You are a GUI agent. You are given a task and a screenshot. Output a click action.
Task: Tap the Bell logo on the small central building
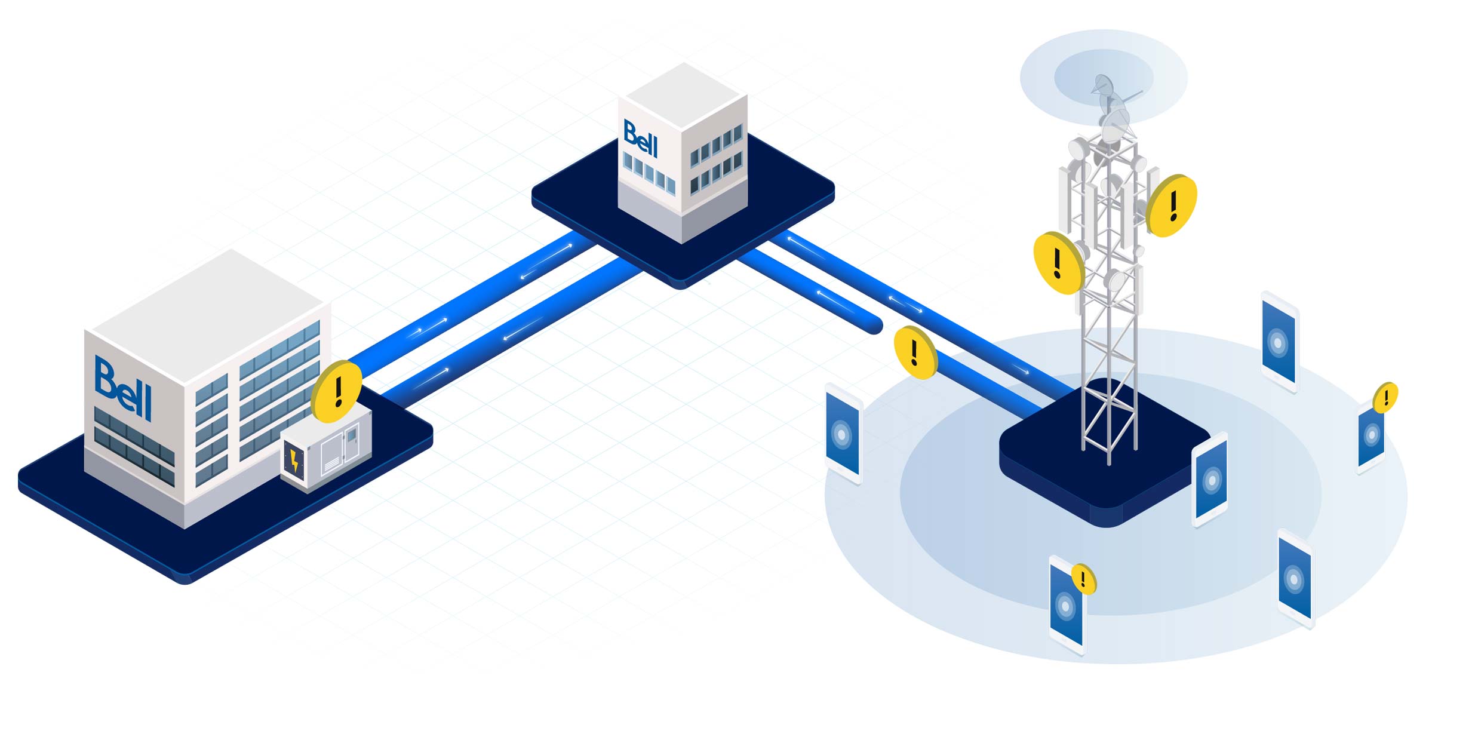640,139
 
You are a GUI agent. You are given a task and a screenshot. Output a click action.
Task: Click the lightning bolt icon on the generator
294,461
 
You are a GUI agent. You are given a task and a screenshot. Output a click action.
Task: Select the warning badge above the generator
337,392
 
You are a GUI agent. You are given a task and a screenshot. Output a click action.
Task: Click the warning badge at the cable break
915,353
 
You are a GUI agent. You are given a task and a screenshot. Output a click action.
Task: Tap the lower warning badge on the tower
1058,263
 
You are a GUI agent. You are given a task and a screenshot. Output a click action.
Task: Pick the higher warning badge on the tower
1172,205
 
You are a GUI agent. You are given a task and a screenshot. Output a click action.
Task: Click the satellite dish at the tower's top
1105,90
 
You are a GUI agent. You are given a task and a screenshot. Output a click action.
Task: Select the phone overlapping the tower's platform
1210,480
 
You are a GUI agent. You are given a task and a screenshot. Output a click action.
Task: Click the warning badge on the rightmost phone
1386,397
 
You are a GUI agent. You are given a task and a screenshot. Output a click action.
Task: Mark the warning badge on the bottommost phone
1083,579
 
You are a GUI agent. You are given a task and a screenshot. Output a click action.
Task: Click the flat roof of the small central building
684,96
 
